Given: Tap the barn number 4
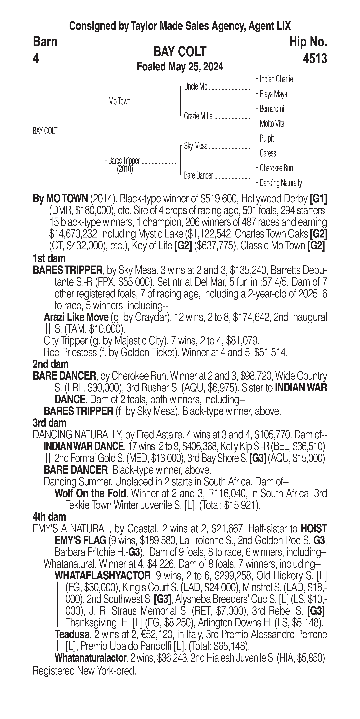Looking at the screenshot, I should tap(36, 59).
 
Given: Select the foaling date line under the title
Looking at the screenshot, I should tap(180, 67).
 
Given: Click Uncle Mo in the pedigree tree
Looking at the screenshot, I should tap(196, 87).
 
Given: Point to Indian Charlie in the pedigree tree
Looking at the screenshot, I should tap(276, 79).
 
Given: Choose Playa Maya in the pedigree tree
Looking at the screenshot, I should tap(273, 94).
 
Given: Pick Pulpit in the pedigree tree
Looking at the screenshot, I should tap(267, 138).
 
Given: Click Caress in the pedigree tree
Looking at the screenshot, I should tap(268, 153).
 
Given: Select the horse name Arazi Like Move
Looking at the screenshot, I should tap(76, 317).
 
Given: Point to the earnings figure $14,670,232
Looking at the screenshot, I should tap(73, 234).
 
